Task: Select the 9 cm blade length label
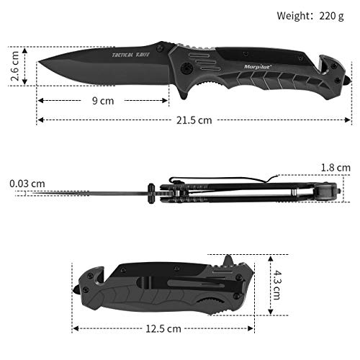click(106, 101)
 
